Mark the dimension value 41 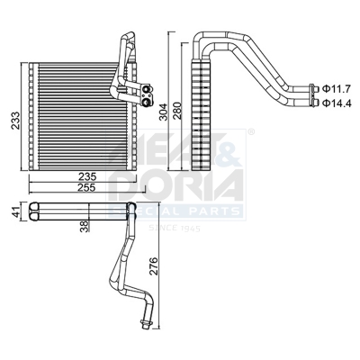click(x=13, y=213)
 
